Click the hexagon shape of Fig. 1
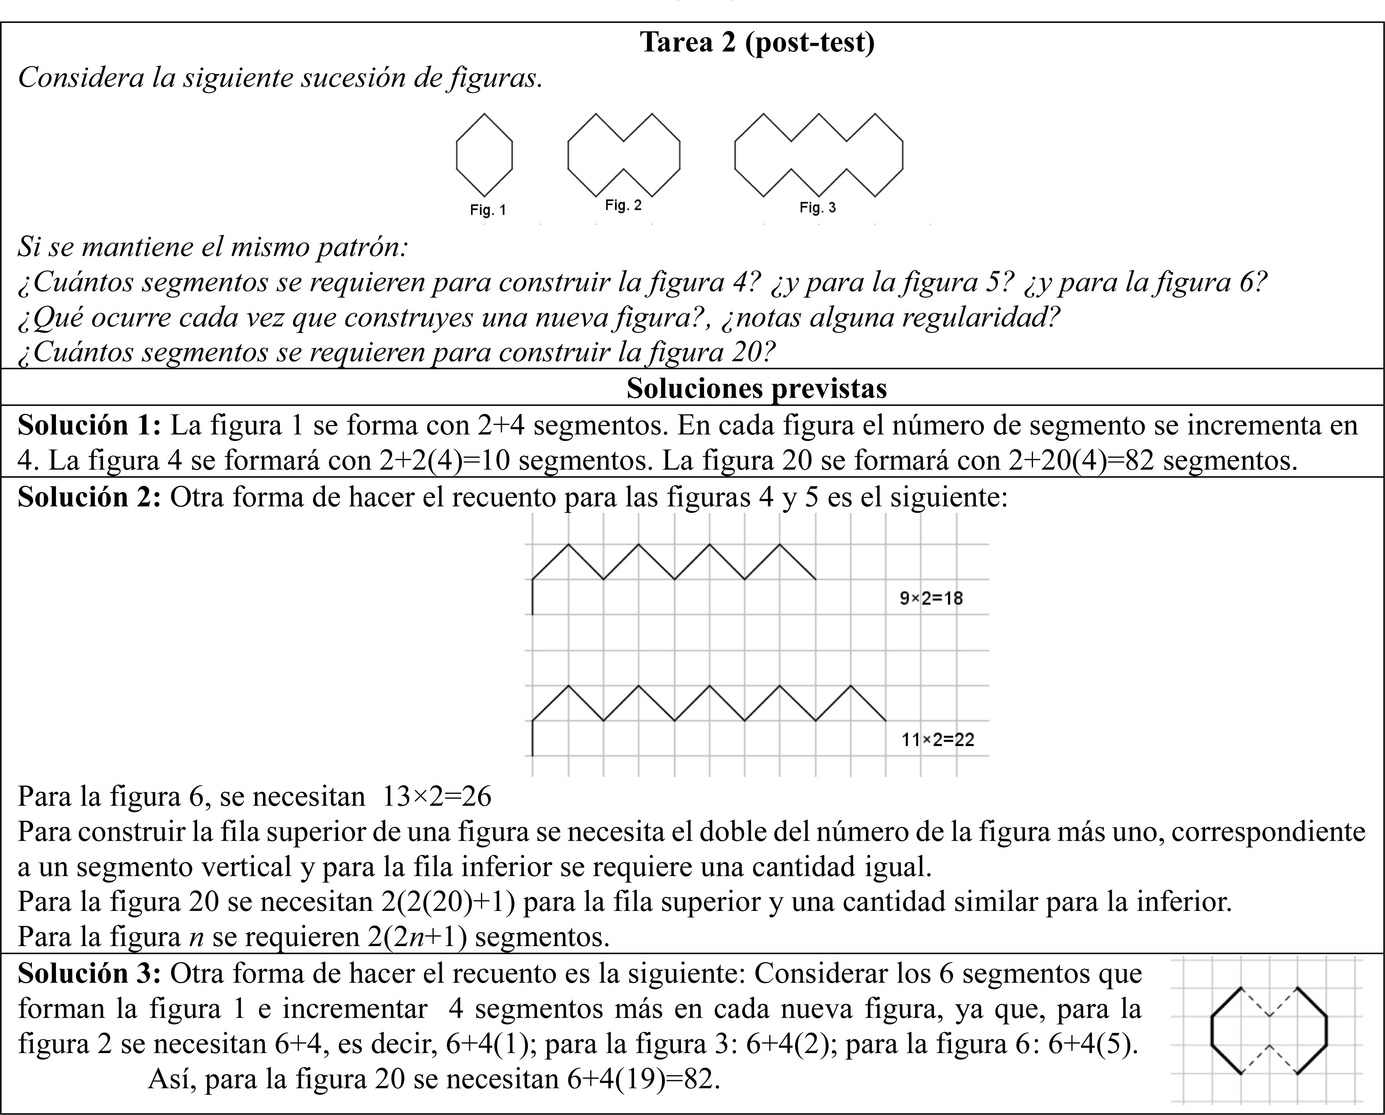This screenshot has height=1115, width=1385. (x=484, y=155)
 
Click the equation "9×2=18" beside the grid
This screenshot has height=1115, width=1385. (x=931, y=598)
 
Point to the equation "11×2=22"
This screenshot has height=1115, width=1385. (x=938, y=740)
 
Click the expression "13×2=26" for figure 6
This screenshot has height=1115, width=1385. (x=437, y=796)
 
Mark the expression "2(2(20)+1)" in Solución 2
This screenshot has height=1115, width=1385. (x=448, y=902)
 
